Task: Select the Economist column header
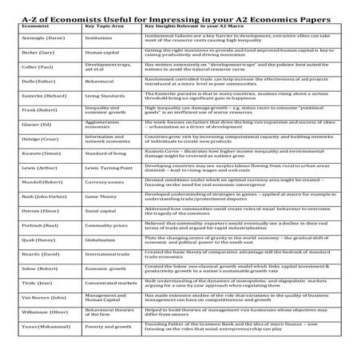(x=29, y=26)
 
